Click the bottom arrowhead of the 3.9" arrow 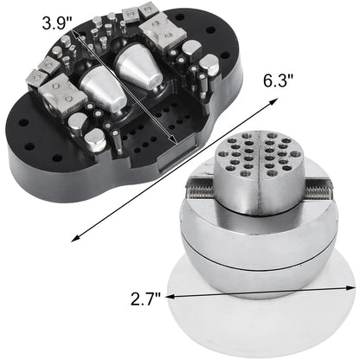[x=177, y=145]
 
